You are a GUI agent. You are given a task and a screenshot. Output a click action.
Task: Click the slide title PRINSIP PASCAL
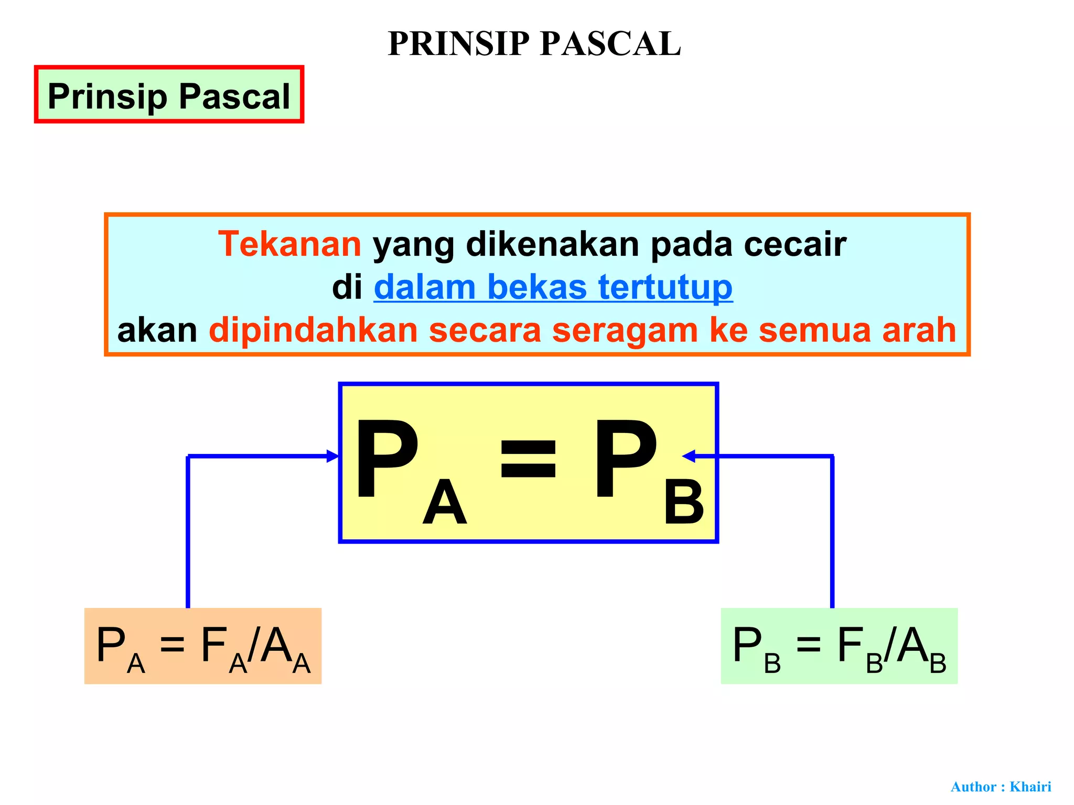click(534, 43)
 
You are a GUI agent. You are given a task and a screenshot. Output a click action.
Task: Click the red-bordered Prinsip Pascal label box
click(169, 95)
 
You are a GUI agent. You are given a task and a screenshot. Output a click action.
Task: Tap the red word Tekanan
click(289, 244)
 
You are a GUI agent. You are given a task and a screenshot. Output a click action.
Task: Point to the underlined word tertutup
click(665, 288)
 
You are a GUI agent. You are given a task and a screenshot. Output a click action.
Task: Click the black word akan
click(157, 330)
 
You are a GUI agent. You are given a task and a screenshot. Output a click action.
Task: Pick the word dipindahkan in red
click(313, 331)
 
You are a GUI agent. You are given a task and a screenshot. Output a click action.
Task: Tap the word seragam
click(625, 330)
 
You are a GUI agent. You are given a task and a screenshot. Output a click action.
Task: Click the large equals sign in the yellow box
click(528, 460)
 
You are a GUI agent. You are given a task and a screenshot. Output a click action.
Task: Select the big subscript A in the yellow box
click(445, 503)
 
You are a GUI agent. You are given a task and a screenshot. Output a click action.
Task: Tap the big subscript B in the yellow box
click(683, 503)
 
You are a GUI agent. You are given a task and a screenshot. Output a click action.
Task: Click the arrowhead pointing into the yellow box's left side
click(332, 456)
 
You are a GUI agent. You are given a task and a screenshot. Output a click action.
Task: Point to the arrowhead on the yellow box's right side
click(689, 456)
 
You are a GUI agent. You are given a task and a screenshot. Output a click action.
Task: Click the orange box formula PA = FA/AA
click(203, 646)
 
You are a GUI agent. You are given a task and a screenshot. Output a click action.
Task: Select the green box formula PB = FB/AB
click(839, 646)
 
